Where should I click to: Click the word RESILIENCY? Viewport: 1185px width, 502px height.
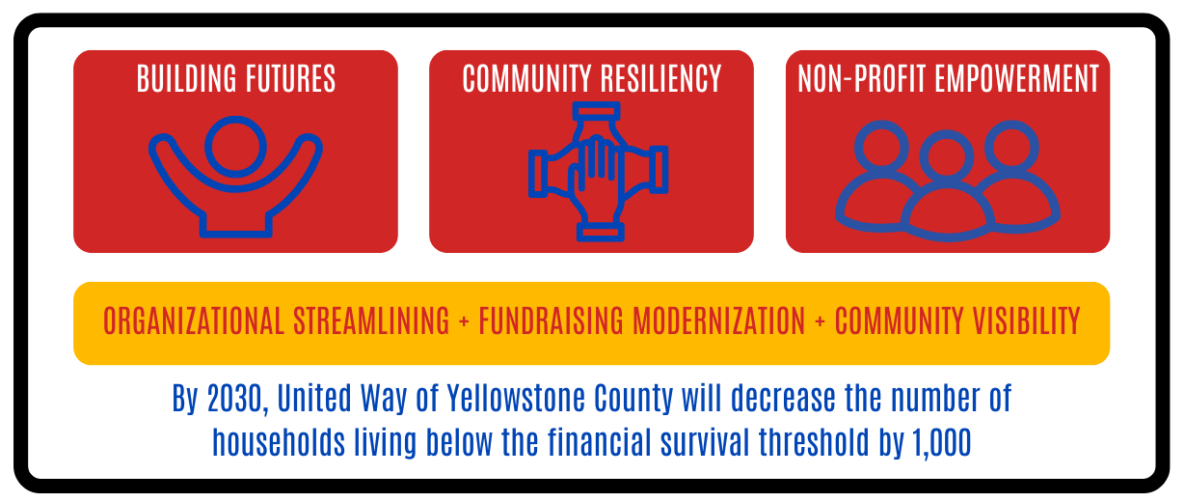point(663,79)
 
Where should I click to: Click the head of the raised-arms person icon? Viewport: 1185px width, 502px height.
point(235,146)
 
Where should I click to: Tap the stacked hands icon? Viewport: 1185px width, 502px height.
point(598,170)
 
